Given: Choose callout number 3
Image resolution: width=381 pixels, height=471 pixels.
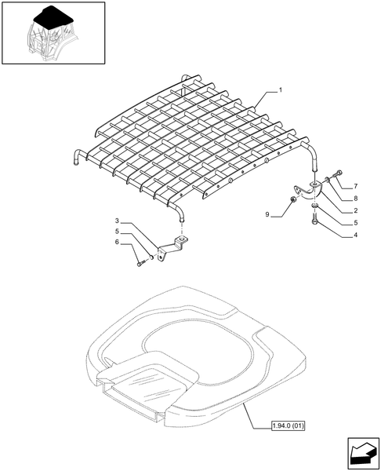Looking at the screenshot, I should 117,221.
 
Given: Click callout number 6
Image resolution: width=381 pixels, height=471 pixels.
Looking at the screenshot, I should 117,243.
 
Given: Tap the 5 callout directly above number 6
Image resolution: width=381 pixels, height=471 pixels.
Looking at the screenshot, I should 117,232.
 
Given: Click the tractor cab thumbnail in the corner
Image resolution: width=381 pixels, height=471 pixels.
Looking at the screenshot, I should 53,34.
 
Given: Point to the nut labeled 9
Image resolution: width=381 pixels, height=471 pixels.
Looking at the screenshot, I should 293,203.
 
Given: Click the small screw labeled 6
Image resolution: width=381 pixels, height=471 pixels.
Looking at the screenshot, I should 141,264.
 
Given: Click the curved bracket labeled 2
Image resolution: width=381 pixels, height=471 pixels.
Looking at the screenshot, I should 305,191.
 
